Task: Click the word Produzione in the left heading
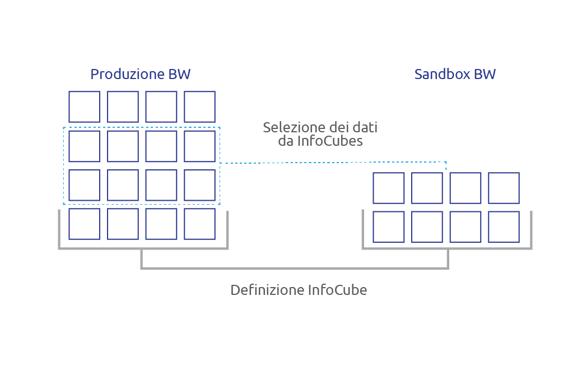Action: point(127,75)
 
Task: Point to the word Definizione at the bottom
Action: point(267,290)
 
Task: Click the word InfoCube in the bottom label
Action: point(337,290)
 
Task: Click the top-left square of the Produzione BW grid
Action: point(84,107)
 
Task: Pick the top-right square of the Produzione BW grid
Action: point(199,107)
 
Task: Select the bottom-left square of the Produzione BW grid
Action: point(84,224)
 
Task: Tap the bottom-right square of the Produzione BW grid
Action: point(199,224)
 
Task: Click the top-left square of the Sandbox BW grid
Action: point(389,188)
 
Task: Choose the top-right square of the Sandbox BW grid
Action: point(504,188)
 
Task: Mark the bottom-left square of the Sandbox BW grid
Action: point(389,227)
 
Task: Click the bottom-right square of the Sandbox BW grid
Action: point(504,227)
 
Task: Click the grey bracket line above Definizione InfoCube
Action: point(294,268)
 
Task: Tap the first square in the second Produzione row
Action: point(84,146)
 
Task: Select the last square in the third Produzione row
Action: point(199,185)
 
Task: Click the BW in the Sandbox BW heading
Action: point(485,75)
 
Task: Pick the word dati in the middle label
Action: point(366,128)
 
